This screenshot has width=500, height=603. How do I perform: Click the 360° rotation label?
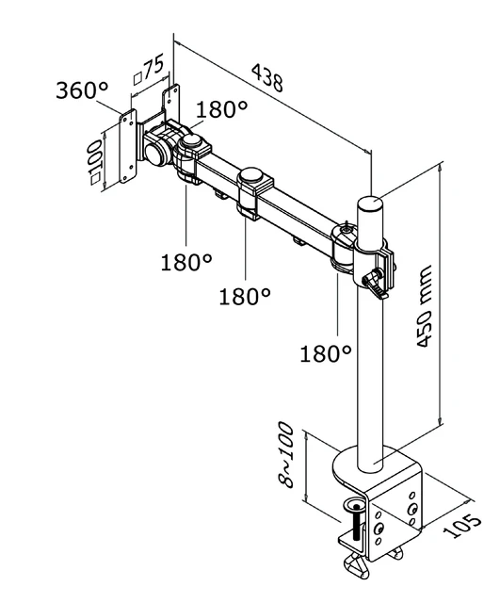pyautogui.click(x=82, y=90)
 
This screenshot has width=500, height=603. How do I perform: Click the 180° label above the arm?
pyautogui.click(x=222, y=109)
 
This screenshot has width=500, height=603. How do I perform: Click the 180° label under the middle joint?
pyautogui.click(x=245, y=296)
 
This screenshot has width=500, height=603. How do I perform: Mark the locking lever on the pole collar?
pyautogui.click(x=378, y=282)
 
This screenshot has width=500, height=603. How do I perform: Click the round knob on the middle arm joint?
pyautogui.click(x=252, y=175)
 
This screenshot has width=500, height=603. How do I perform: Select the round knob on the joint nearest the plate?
pyautogui.click(x=194, y=142)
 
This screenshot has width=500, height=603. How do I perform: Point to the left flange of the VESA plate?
pyautogui.click(x=128, y=147)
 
